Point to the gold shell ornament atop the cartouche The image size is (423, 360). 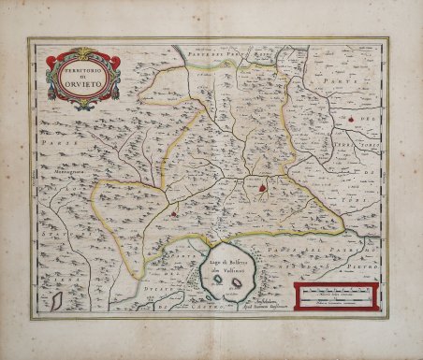point(83,52)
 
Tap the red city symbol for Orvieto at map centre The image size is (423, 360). point(264,187)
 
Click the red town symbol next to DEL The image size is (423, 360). point(351,119)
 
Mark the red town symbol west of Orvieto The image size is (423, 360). point(175,216)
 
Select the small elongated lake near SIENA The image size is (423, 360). point(57,301)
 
